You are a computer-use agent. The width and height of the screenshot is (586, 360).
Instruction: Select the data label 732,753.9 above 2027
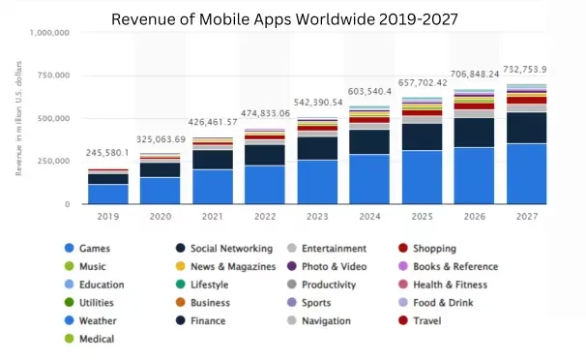(523, 69)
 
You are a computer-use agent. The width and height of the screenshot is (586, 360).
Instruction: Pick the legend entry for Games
(94, 249)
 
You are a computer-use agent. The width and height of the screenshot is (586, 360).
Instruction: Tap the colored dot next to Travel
(406, 320)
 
